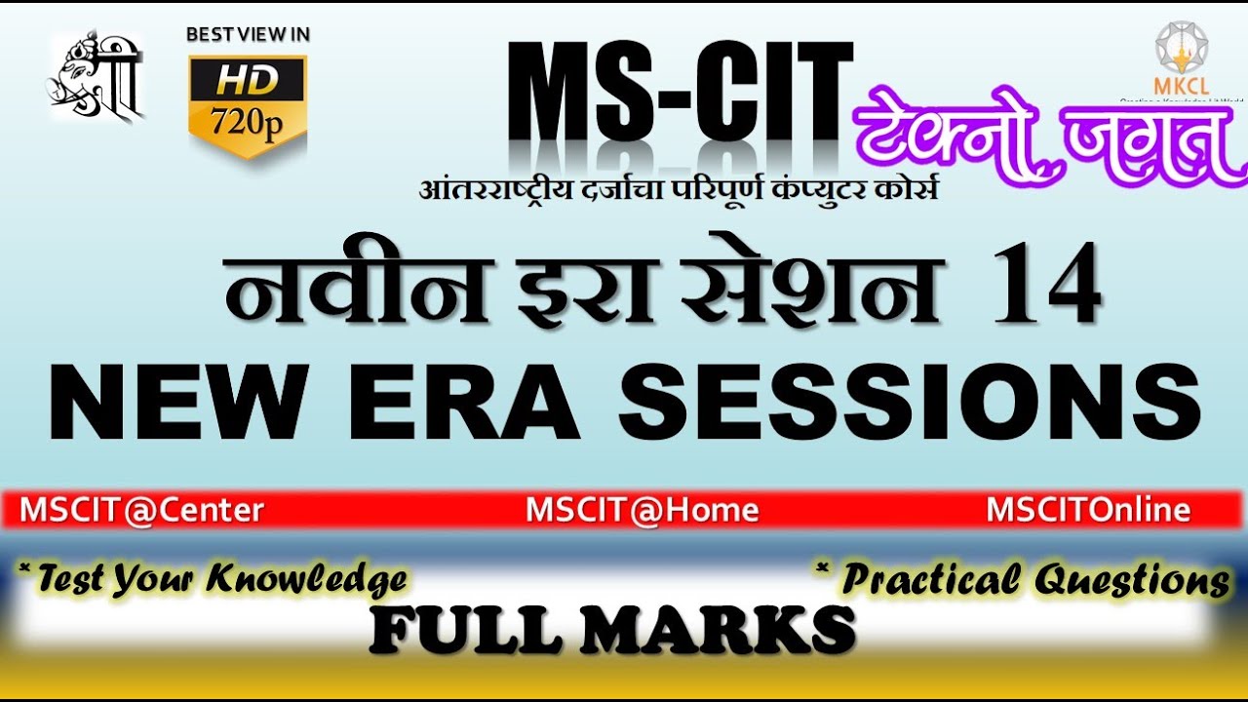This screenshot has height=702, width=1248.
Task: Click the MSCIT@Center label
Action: [x=141, y=510]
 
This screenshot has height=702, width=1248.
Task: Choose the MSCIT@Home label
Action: [x=643, y=510]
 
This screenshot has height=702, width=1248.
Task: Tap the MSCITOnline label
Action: [x=1088, y=510]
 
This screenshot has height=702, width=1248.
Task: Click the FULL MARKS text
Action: [x=612, y=630]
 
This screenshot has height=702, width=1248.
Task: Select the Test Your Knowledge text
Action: [x=213, y=579]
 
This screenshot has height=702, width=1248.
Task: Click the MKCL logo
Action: [x=1181, y=58]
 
